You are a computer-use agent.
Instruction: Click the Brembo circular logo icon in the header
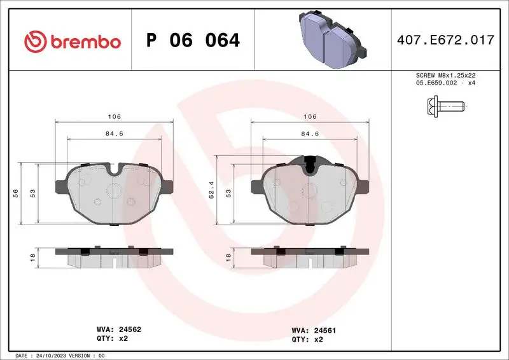click(36, 41)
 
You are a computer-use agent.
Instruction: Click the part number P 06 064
click(193, 41)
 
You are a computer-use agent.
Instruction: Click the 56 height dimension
click(15, 193)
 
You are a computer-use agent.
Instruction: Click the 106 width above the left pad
click(114, 117)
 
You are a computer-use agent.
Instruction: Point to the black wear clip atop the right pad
click(310, 164)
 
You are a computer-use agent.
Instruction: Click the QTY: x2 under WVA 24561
click(307, 340)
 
